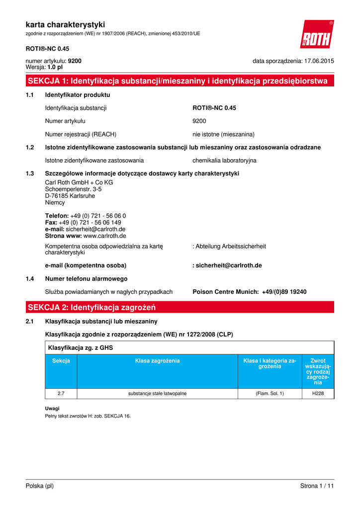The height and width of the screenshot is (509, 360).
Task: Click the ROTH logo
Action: (x=317, y=35)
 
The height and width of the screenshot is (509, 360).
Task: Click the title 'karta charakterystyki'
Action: (x=65, y=24)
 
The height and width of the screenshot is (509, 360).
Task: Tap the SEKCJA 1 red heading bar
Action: (x=180, y=81)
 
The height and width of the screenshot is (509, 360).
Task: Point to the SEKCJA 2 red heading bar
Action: (x=180, y=307)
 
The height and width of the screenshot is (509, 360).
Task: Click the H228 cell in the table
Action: (x=318, y=394)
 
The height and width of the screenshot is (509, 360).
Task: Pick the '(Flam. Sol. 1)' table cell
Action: (x=270, y=394)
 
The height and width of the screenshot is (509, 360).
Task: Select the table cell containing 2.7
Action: (x=61, y=394)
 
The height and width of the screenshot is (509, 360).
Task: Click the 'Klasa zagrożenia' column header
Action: (x=157, y=360)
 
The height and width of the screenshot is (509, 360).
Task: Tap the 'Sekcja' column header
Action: (x=61, y=360)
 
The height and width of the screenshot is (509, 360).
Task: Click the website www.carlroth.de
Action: (x=104, y=236)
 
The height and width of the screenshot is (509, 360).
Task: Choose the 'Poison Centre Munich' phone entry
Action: (x=249, y=292)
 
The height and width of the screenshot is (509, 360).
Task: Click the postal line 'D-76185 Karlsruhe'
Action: (x=70, y=196)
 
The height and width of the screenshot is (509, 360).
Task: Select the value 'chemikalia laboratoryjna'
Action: (x=224, y=161)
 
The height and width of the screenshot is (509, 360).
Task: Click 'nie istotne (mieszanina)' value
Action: (x=223, y=134)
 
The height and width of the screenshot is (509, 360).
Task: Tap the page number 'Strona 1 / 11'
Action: (x=317, y=486)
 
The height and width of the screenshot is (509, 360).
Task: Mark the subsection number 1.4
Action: (x=29, y=279)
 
